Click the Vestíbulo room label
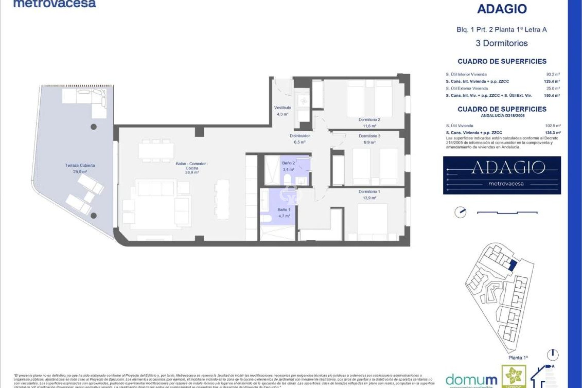283,108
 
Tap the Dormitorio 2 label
369,120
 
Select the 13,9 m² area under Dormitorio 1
369,198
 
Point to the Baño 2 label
288,163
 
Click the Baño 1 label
284,209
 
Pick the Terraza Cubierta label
80,166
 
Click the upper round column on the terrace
94,127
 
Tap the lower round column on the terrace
94,216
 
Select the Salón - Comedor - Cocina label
192,166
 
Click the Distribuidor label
299,136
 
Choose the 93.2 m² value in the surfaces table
553,74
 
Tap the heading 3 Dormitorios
502,43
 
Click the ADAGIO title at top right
502,9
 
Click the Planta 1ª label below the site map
518,358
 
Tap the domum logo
471,380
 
